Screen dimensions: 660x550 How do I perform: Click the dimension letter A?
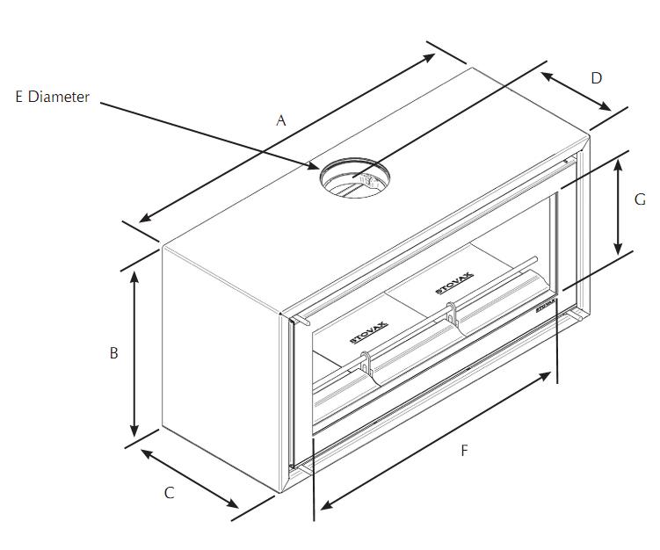click(x=280, y=120)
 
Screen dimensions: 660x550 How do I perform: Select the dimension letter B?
click(x=113, y=352)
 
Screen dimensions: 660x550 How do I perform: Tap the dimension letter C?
click(x=170, y=493)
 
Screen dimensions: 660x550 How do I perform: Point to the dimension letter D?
click(x=597, y=78)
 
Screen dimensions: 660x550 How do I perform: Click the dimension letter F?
click(x=464, y=451)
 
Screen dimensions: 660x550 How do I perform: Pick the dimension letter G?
click(x=640, y=199)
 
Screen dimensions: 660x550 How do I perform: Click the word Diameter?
click(x=59, y=97)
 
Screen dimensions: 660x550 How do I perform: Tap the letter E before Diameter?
click(x=19, y=97)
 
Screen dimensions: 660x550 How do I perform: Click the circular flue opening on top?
click(x=354, y=177)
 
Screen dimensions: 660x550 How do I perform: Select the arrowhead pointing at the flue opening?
click(x=314, y=165)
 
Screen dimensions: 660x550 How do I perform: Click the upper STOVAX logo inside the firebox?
click(x=454, y=284)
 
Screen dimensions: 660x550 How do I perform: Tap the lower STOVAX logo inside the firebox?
click(x=369, y=332)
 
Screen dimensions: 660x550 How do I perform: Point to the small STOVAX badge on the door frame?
click(x=546, y=306)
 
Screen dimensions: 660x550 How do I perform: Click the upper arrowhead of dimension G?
click(x=618, y=165)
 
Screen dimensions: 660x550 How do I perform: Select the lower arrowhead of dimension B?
click(x=134, y=430)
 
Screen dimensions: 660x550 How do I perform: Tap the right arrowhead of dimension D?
click(x=605, y=106)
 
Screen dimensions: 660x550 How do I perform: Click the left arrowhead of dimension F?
click(x=327, y=504)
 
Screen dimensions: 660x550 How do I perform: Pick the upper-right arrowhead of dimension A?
click(x=428, y=58)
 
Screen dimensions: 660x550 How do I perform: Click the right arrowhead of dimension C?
click(x=231, y=503)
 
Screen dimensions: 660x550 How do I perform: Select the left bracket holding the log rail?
click(x=366, y=363)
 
